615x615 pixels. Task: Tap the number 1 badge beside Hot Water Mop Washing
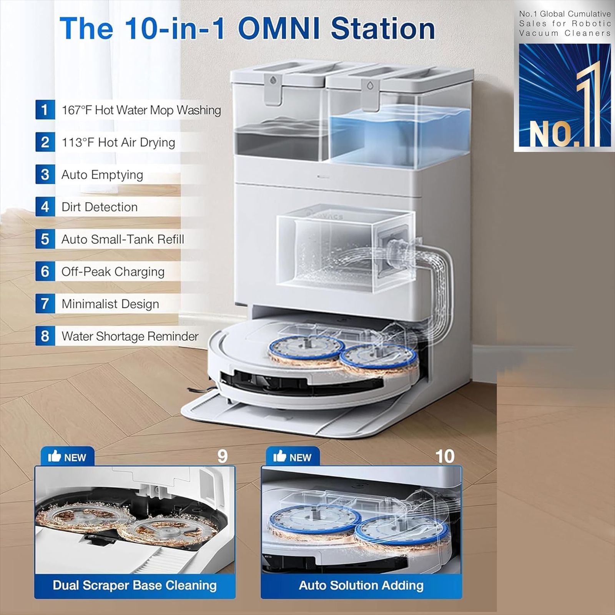click(x=45, y=110)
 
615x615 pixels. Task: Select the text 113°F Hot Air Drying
click(x=118, y=142)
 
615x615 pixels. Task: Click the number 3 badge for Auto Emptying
click(x=45, y=175)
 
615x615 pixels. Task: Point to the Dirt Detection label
click(x=100, y=207)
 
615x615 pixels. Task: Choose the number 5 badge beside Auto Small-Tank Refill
click(x=45, y=239)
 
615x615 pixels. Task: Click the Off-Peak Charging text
click(x=113, y=272)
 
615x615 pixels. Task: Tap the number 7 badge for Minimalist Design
click(x=45, y=304)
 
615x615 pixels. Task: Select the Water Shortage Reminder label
click(x=130, y=336)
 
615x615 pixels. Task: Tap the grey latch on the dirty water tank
click(x=273, y=89)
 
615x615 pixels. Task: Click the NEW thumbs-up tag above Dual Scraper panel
click(x=67, y=457)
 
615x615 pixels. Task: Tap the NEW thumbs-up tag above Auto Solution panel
click(x=293, y=457)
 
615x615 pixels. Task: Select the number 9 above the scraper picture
click(x=223, y=456)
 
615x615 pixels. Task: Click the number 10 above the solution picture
click(x=445, y=456)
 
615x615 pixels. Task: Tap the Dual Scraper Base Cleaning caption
click(x=135, y=585)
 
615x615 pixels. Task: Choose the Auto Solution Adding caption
click(x=361, y=585)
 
